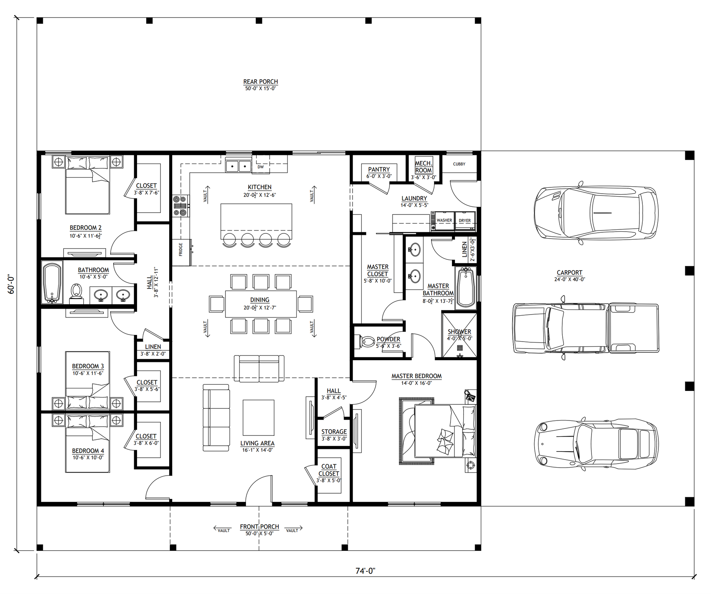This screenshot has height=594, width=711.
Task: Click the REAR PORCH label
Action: coord(261,82)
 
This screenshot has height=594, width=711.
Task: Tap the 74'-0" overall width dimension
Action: coord(365,571)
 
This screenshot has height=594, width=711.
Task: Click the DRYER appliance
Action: coord(465,221)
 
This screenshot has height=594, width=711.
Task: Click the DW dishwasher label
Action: coord(261,167)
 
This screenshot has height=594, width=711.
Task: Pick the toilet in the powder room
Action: coord(367,342)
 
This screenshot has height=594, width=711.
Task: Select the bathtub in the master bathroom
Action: coord(466,288)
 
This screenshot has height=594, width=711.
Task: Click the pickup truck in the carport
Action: coord(586,328)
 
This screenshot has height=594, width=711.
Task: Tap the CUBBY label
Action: coord(459,164)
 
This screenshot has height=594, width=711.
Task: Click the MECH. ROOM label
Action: coord(423,167)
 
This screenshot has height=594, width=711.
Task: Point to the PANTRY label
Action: coord(379,170)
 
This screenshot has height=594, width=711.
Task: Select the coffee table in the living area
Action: coord(258,418)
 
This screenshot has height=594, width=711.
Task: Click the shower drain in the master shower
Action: coord(460,348)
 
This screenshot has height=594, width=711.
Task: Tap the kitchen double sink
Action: coord(239,166)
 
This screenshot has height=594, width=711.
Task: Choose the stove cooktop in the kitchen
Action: coord(181,206)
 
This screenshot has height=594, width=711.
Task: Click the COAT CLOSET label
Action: coord(329,470)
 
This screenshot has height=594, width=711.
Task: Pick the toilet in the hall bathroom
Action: coord(76,293)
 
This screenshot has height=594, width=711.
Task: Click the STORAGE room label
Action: coord(334,432)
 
